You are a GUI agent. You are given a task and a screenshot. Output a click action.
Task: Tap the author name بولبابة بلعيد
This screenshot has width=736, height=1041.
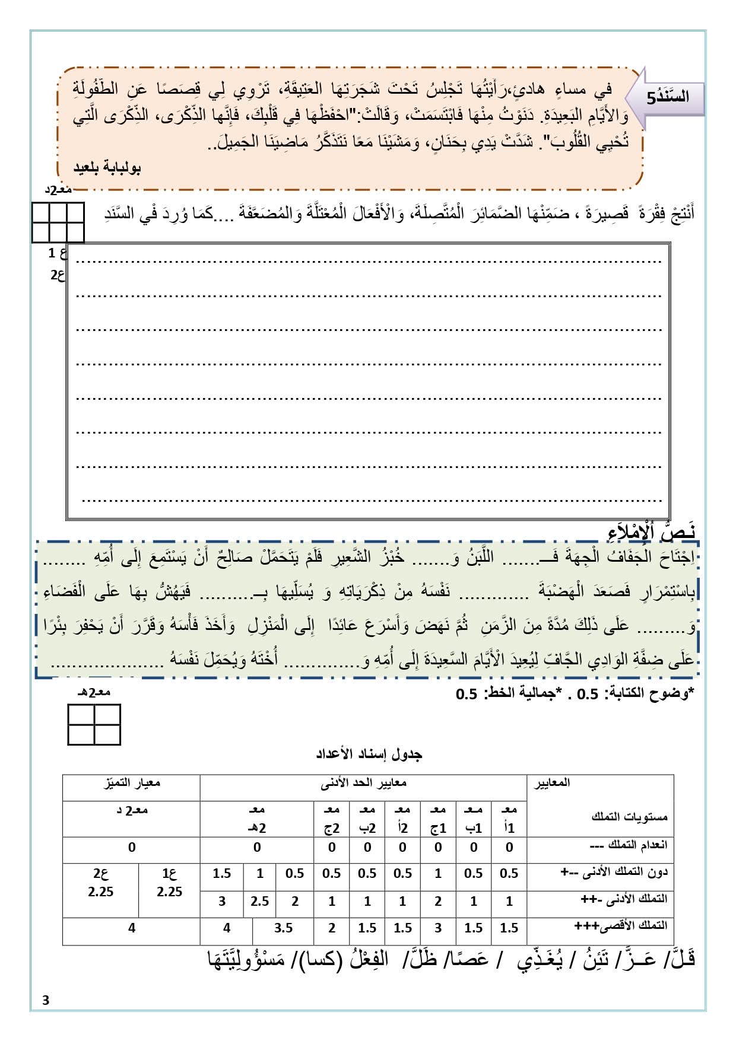107,168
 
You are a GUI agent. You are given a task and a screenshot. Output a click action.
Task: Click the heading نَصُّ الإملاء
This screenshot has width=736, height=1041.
652,531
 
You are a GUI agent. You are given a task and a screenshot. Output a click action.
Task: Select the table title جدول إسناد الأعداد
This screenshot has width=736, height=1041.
369,754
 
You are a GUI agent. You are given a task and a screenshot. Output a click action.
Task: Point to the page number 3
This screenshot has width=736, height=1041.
46,1001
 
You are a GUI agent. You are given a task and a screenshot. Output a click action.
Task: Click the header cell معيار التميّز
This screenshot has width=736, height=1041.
132,783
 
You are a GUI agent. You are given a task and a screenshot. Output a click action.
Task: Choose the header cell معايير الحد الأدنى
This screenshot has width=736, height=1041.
363,783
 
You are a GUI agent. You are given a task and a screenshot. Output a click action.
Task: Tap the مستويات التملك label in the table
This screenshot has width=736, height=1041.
629,817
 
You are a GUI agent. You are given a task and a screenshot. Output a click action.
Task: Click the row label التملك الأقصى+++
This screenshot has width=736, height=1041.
621,925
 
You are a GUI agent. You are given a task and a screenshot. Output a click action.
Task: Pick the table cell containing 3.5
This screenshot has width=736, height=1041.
283,928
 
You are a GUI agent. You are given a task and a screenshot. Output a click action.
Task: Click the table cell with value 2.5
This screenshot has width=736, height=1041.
260,901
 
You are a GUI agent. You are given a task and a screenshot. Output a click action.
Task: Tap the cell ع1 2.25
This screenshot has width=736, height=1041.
169,883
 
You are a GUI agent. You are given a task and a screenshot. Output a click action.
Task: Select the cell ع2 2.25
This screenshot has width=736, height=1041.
100,883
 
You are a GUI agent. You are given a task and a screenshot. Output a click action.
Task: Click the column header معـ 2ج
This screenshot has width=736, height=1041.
332,819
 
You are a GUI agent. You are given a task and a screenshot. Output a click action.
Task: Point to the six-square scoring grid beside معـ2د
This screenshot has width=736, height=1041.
58,222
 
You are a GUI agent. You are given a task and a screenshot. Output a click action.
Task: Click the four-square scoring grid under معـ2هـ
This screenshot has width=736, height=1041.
94,724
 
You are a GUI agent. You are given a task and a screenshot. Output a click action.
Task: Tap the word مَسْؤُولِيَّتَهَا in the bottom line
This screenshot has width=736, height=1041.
246,959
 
